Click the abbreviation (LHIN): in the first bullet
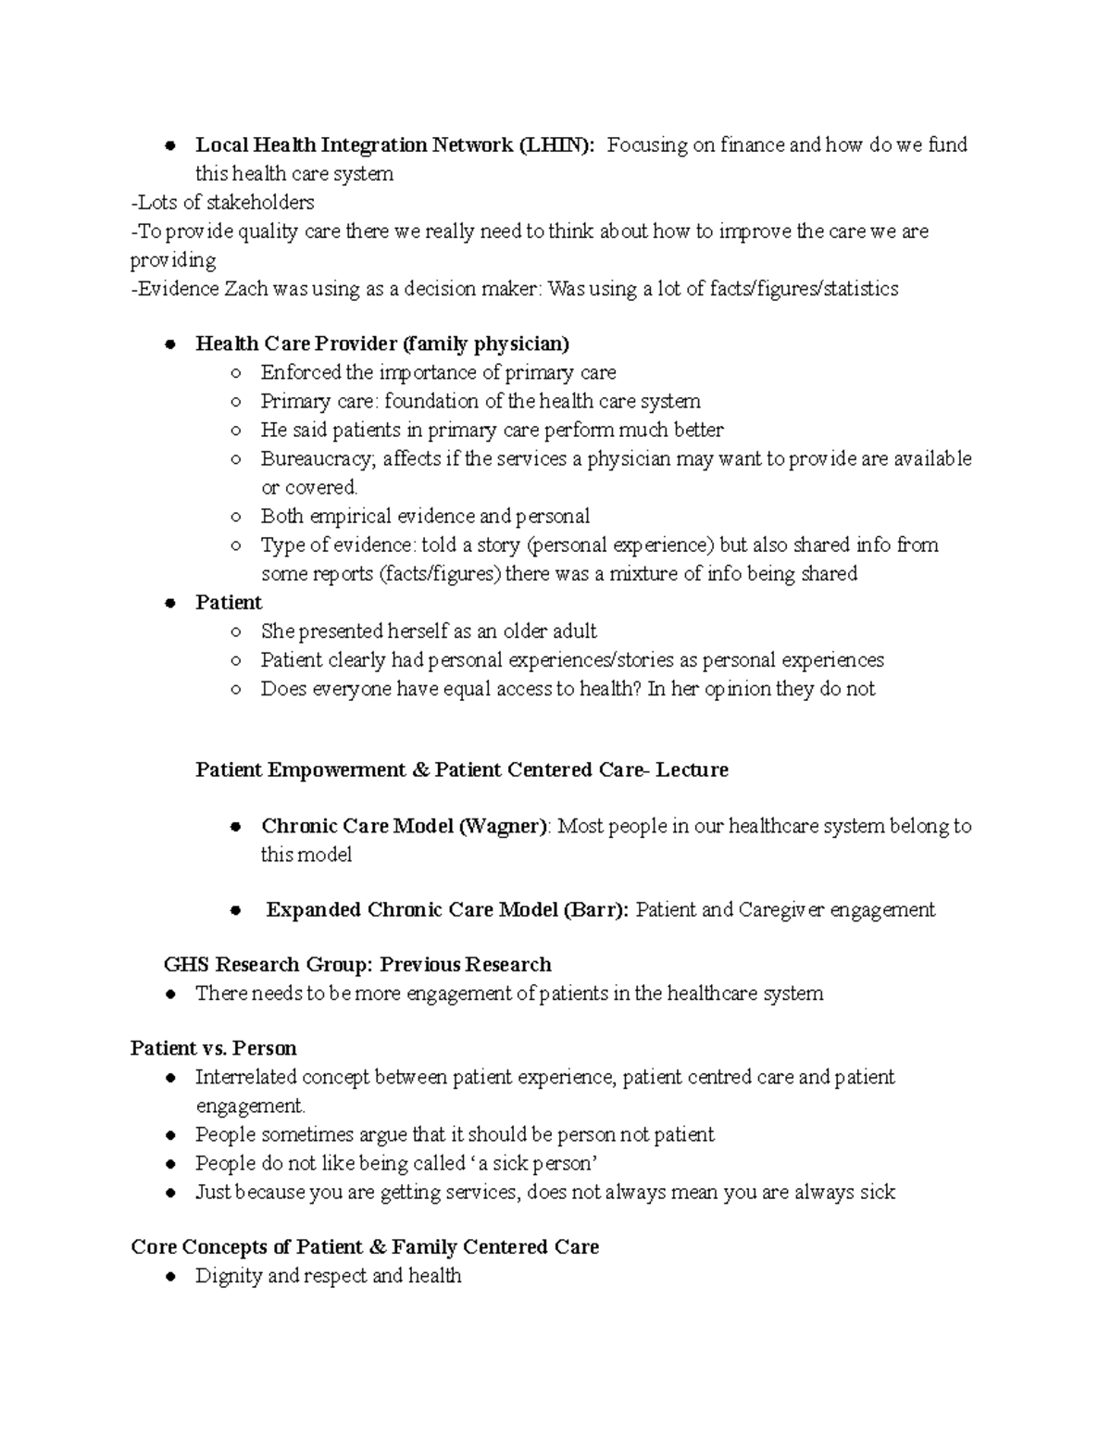556,145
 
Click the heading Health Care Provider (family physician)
381,344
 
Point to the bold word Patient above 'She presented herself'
229,603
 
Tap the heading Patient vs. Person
214,1049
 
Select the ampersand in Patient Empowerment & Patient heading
420,770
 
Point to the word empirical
354,517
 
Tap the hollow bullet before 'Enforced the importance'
236,373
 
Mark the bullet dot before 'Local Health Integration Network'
170,145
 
